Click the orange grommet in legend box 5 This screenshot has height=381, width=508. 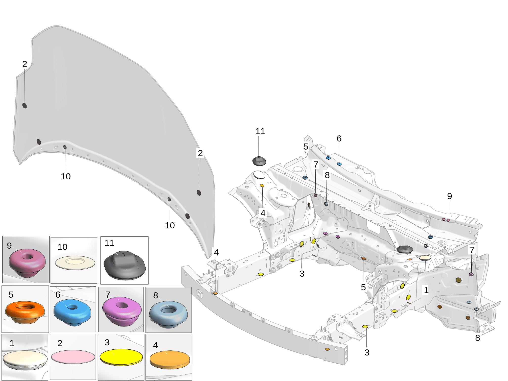(25, 311)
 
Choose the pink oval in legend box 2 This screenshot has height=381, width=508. (73, 356)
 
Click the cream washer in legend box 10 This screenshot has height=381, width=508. (75, 263)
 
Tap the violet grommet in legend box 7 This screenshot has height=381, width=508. (122, 311)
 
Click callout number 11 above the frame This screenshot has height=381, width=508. (260, 131)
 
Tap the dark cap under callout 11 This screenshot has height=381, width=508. (259, 161)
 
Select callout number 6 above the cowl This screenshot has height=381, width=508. (339, 138)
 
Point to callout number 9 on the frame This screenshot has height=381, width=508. (449, 196)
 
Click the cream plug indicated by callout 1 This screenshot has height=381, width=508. (425, 258)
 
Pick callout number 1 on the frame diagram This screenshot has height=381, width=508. (426, 290)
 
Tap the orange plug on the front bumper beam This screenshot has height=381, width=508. (215, 293)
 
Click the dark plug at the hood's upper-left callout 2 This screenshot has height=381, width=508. (25, 105)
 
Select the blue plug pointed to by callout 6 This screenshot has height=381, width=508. (339, 164)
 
